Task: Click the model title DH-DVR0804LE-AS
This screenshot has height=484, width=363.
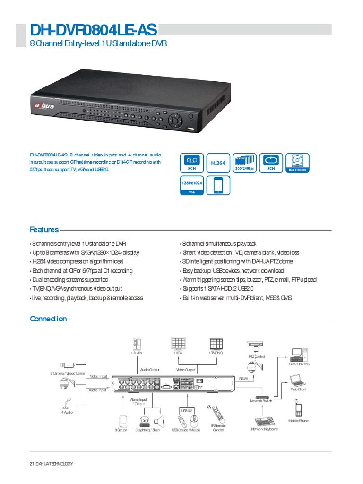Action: click(93, 30)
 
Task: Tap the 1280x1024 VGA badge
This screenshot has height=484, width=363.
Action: click(191, 185)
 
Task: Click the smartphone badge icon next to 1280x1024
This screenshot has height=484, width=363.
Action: click(218, 185)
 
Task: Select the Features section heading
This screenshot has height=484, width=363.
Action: click(44, 230)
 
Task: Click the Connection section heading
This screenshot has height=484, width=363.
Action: click(48, 319)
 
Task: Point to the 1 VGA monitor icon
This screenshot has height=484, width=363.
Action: click(178, 344)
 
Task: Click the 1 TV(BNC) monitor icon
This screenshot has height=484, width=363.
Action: click(216, 344)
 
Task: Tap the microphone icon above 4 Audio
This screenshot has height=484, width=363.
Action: click(66, 404)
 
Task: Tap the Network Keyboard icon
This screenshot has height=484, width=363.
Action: click(264, 421)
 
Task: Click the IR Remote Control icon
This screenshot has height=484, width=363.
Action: click(217, 415)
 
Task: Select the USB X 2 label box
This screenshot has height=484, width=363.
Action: click(186, 411)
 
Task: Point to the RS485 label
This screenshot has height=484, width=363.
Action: click(243, 378)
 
